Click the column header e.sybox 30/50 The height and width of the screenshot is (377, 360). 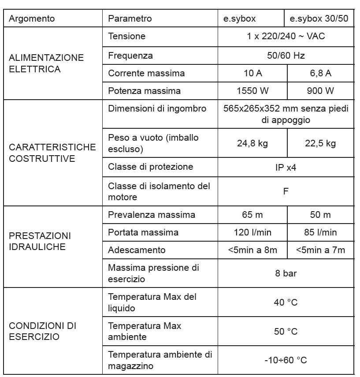[319, 19]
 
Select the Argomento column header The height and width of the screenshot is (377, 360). [32, 19]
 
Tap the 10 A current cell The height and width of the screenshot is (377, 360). [252, 73]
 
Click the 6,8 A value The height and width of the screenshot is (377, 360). [320, 73]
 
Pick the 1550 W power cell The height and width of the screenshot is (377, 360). [252, 91]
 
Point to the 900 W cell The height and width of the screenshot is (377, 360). [320, 91]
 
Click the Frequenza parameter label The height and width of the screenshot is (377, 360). [130, 56]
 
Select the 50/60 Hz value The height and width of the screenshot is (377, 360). [286, 56]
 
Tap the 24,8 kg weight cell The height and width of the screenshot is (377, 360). [252, 143]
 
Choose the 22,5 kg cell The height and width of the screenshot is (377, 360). [320, 143]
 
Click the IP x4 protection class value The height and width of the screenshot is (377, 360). [286, 168]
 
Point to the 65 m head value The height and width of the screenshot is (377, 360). [252, 215]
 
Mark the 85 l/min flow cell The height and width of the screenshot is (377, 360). [320, 232]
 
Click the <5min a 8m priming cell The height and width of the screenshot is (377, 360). [252, 250]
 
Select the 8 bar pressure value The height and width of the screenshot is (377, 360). [286, 273]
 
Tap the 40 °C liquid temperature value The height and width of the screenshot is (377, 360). [286, 302]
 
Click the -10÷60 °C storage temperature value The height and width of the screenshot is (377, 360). [286, 360]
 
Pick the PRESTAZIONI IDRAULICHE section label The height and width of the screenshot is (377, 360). [40, 241]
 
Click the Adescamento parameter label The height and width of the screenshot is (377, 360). [137, 250]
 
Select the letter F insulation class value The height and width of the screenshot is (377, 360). [286, 191]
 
